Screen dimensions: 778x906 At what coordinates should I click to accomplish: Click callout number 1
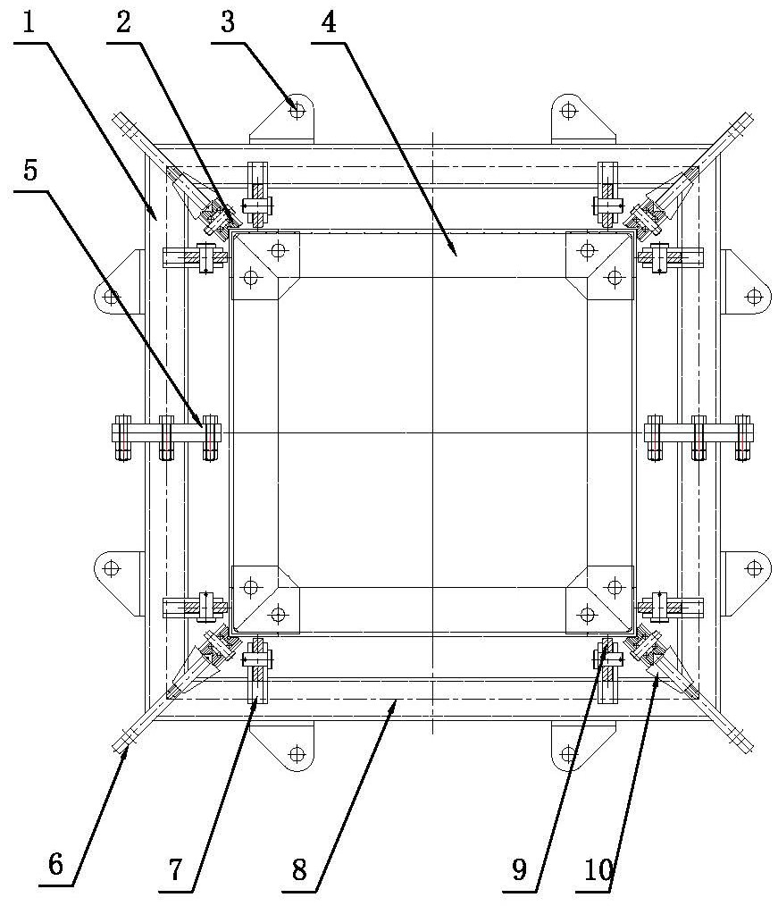pos(29,22)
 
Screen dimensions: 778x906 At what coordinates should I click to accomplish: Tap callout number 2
pos(123,22)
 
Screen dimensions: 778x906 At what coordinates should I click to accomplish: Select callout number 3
pos(228,22)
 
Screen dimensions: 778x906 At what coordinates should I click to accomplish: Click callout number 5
pos(30,170)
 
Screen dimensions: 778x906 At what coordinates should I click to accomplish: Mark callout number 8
pos(299,868)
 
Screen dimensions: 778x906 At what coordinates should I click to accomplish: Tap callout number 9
pos(519,868)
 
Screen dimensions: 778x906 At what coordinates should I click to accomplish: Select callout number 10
pos(598,868)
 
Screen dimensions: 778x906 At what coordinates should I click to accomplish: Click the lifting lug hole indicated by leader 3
pos(297,109)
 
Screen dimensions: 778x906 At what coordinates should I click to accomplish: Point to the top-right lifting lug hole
pos(569,109)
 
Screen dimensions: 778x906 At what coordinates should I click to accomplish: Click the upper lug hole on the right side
pos(754,297)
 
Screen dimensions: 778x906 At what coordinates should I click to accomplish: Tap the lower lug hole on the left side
pos(112,568)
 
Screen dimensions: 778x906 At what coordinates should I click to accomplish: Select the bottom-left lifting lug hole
pos(297,754)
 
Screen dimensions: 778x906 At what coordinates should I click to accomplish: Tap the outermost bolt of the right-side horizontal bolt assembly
pos(743,438)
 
